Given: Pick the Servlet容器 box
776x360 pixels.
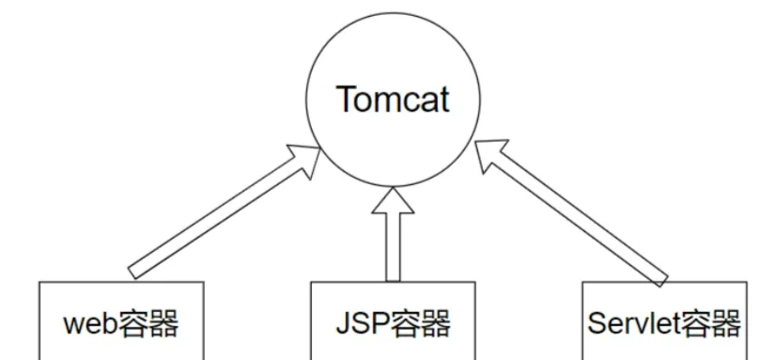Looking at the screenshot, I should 663,320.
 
